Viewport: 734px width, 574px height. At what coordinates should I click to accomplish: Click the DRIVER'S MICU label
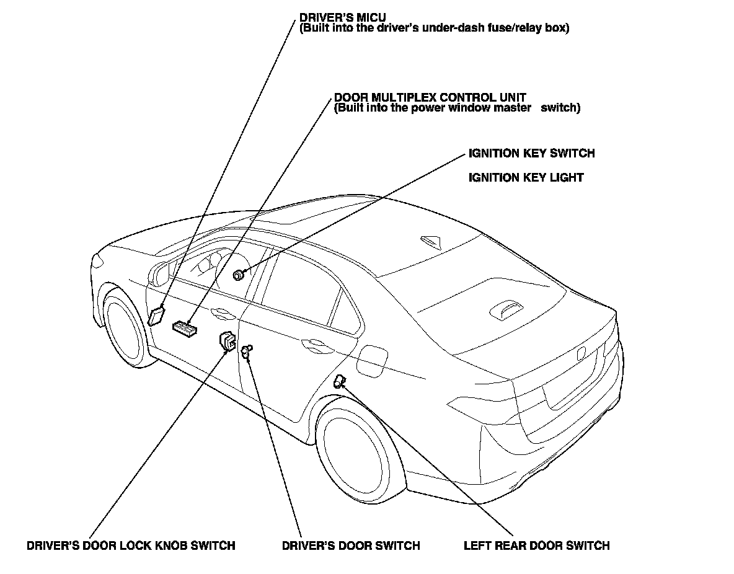(342, 17)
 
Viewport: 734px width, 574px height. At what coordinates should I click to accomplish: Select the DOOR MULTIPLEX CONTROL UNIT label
(430, 97)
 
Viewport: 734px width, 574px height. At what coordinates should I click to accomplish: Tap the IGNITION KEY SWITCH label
(531, 153)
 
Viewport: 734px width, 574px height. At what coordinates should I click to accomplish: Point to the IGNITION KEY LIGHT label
(526, 178)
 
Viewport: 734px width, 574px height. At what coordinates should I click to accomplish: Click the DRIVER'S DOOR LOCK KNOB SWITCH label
(131, 546)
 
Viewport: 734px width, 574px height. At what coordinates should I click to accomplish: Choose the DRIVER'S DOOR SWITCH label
(351, 546)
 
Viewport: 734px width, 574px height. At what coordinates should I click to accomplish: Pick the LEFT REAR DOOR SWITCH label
(537, 546)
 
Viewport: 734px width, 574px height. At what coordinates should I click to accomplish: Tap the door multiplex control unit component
(185, 327)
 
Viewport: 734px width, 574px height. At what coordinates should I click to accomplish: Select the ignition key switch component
(237, 275)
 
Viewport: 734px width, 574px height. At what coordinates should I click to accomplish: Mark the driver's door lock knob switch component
(228, 340)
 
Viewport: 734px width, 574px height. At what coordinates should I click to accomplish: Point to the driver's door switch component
(246, 351)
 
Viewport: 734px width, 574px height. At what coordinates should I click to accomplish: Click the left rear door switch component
(339, 381)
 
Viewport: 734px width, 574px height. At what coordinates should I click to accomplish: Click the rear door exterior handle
(310, 342)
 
